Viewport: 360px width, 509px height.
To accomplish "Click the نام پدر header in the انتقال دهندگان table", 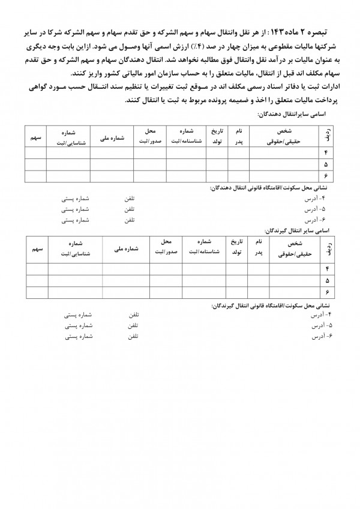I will click(239, 136).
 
